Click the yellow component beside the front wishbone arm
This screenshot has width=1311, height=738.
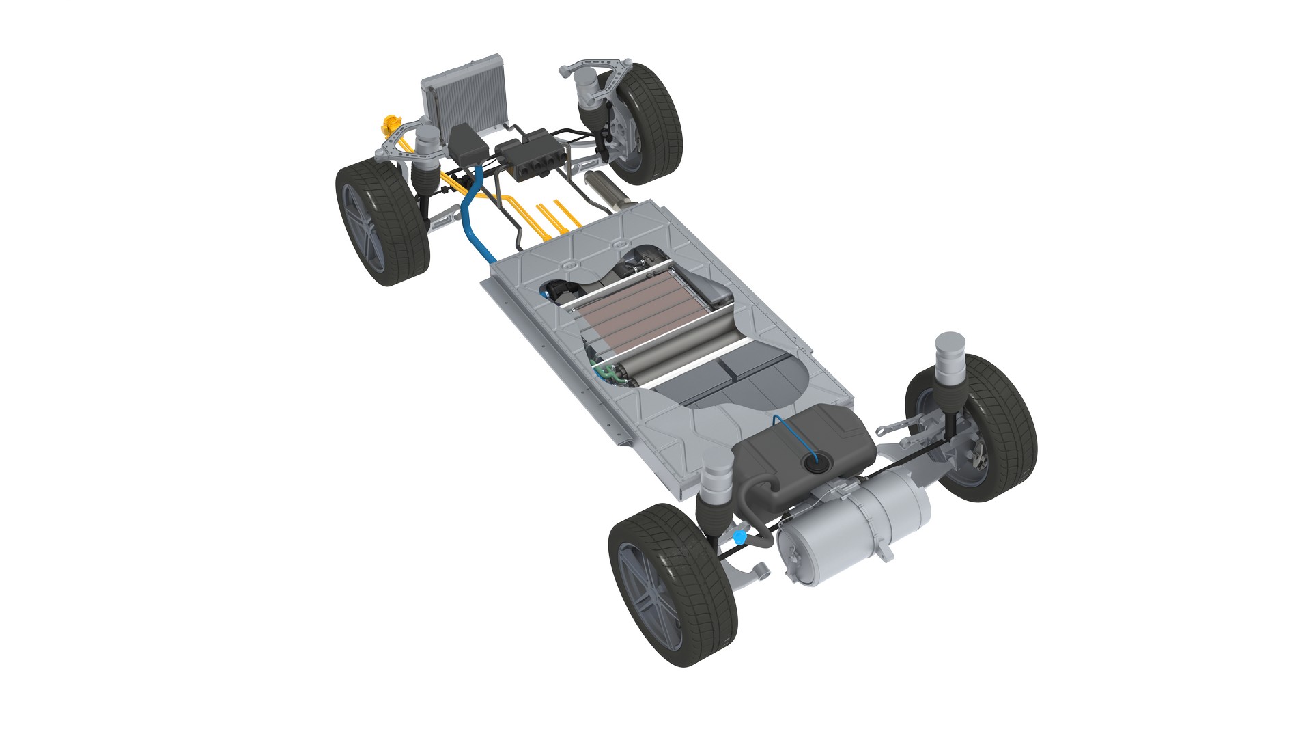pyautogui.click(x=390, y=126)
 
